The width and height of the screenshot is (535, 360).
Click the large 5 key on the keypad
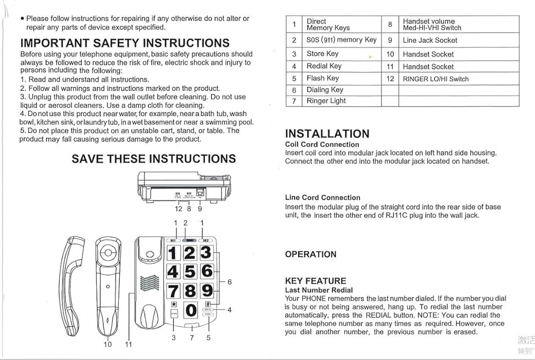click(x=190, y=271)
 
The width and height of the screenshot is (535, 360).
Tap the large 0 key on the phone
click(x=190, y=310)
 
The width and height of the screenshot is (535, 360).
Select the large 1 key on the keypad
click(x=173, y=252)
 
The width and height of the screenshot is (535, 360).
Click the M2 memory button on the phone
click(x=205, y=240)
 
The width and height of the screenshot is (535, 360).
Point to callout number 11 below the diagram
click(x=128, y=344)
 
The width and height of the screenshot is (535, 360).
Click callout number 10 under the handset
click(x=108, y=344)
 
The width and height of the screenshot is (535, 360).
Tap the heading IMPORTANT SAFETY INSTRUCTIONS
click(x=125, y=43)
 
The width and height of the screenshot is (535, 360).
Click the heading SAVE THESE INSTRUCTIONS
click(x=154, y=159)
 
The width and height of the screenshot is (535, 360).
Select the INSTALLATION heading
click(x=327, y=134)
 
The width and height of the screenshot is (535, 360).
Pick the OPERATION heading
click(x=311, y=254)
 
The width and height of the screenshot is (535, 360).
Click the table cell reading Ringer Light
click(x=326, y=101)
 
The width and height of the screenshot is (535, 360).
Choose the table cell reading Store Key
click(x=322, y=53)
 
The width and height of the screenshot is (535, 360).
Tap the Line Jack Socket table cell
click(x=430, y=40)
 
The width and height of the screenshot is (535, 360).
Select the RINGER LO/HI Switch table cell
click(x=435, y=79)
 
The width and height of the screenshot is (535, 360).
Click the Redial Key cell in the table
click(x=324, y=66)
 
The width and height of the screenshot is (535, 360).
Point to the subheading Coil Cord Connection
click(x=322, y=144)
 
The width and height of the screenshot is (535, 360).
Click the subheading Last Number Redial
click(x=319, y=290)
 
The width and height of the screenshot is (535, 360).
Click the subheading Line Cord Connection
click(x=323, y=197)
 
